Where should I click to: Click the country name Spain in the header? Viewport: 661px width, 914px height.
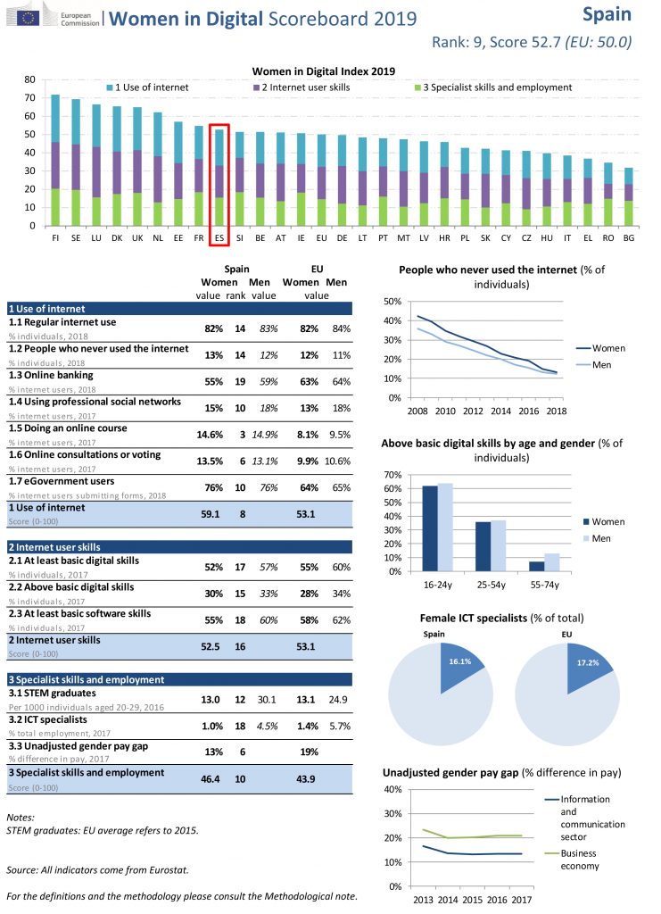coord(607,14)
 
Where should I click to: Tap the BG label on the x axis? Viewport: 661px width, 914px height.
coord(630,239)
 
